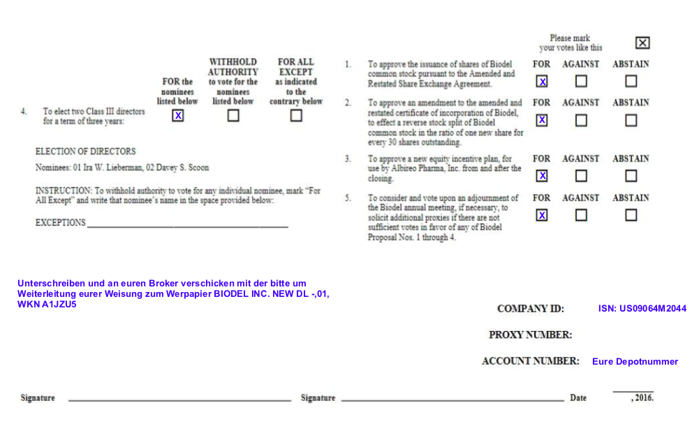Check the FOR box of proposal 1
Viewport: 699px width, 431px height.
(x=542, y=81)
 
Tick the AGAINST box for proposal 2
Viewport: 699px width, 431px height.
(x=581, y=120)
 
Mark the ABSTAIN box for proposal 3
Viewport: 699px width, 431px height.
(x=631, y=176)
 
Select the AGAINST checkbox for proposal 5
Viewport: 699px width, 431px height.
(x=581, y=215)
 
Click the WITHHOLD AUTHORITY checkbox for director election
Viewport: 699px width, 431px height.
(x=233, y=116)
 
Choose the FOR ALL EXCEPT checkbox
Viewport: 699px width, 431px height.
(x=296, y=116)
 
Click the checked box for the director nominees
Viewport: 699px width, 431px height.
(x=178, y=116)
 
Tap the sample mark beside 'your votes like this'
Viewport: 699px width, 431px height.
(x=642, y=43)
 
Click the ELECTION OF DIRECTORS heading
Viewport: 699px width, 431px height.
(x=85, y=151)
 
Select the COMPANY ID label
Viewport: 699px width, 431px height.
(x=530, y=308)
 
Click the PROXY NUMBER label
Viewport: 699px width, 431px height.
(x=530, y=335)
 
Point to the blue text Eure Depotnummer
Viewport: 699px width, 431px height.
(x=635, y=362)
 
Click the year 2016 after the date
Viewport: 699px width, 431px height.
(x=643, y=398)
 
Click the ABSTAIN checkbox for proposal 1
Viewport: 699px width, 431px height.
(x=631, y=81)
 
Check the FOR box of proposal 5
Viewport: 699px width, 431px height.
(x=542, y=215)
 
